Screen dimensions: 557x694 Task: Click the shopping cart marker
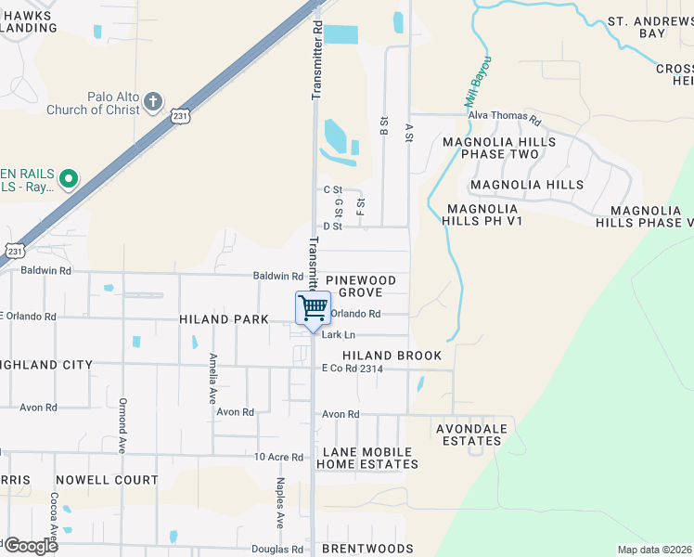tap(314, 307)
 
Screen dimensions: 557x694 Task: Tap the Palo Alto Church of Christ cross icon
tap(154, 101)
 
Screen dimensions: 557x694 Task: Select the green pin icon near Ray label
tap(68, 177)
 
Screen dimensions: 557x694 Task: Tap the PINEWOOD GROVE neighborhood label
tap(361, 286)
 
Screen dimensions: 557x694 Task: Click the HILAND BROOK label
tap(392, 356)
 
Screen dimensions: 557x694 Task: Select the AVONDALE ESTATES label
tap(472, 434)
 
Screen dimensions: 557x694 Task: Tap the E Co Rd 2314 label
tap(352, 369)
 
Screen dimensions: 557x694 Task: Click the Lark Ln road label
tap(339, 334)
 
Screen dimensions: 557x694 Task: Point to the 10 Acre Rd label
tap(279, 457)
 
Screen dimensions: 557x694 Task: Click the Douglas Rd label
tap(277, 550)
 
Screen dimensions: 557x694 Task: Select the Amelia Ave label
tap(213, 375)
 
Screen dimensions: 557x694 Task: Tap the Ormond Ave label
tap(122, 425)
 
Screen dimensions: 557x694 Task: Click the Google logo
tap(30, 545)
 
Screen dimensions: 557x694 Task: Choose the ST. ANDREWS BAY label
tap(649, 27)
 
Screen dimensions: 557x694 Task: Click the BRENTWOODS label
tap(367, 550)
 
